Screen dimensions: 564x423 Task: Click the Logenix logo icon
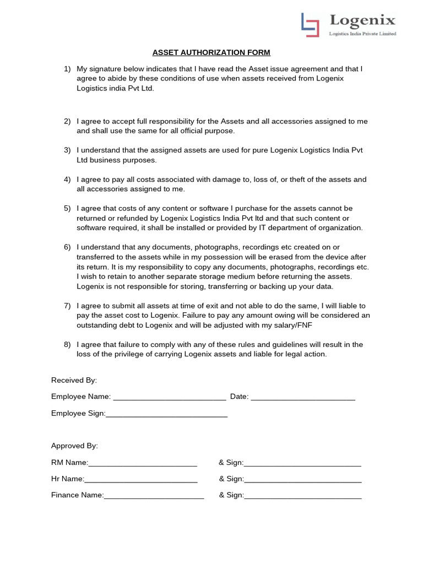coord(311,25)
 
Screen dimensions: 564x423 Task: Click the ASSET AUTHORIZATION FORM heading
coord(211,53)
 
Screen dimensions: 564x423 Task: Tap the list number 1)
coord(67,69)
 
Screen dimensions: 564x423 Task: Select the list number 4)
coord(67,180)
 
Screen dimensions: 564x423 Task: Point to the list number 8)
coord(67,345)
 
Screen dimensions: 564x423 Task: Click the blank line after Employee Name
coord(169,398)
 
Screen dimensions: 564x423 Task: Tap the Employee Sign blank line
coord(166,414)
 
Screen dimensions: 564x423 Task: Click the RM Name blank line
coord(143,464)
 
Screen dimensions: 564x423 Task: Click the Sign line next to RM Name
coord(302,464)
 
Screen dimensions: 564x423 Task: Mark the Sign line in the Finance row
coord(302,496)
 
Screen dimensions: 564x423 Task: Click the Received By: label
coord(74,380)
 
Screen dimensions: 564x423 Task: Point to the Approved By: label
coord(74,446)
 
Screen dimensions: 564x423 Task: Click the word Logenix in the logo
coord(362,21)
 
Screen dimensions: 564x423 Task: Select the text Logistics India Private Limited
coord(362,34)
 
